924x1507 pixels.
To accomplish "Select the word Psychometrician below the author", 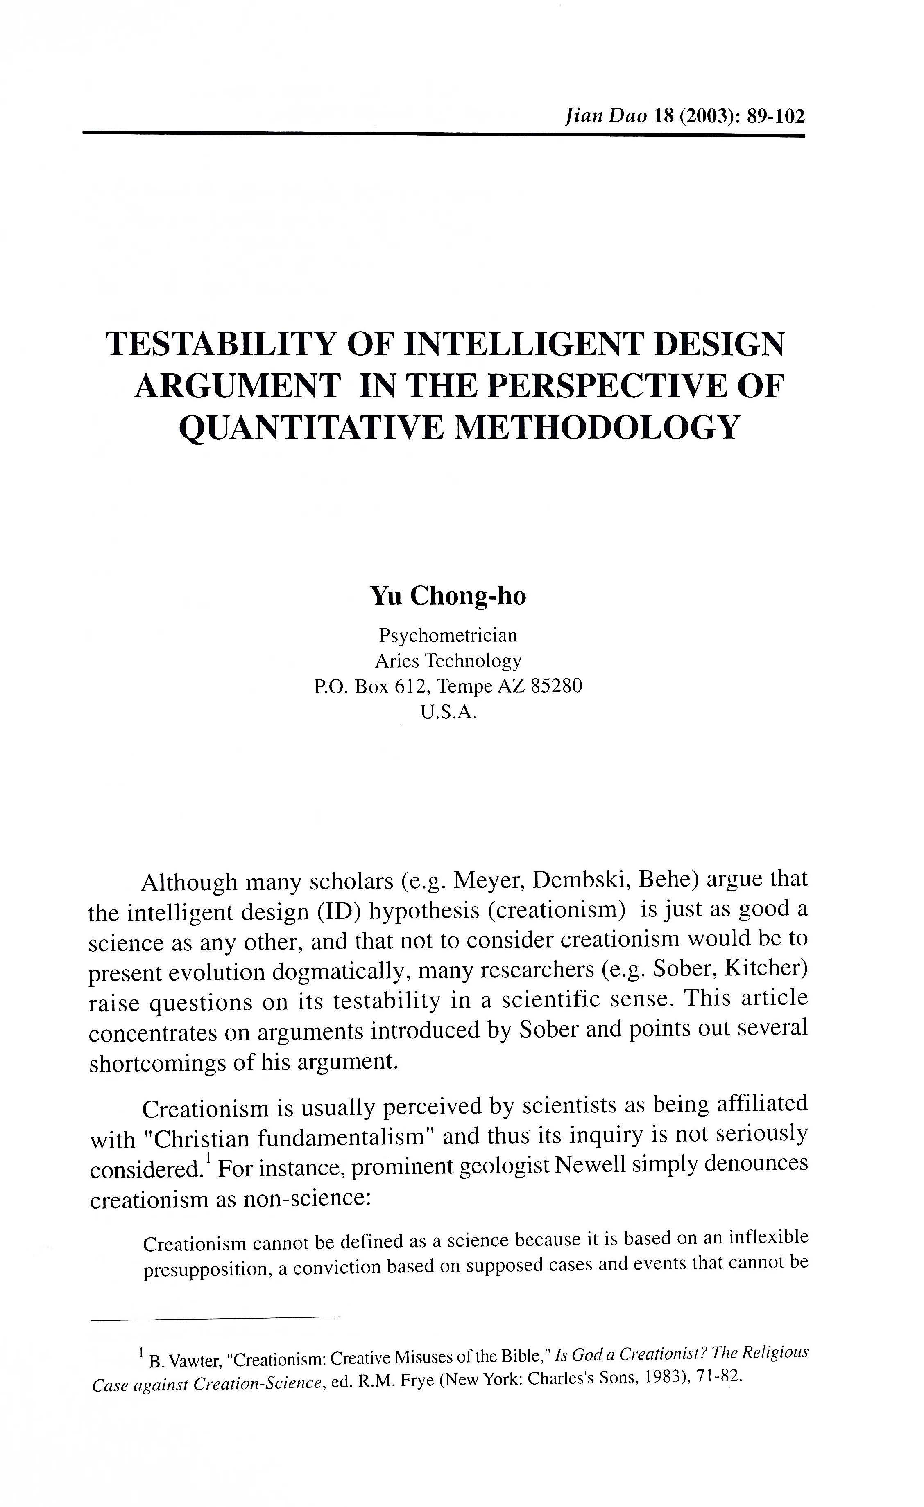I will (x=448, y=636).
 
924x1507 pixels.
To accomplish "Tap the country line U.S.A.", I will (x=448, y=713).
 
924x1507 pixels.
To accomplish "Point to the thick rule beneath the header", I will (x=444, y=133).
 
